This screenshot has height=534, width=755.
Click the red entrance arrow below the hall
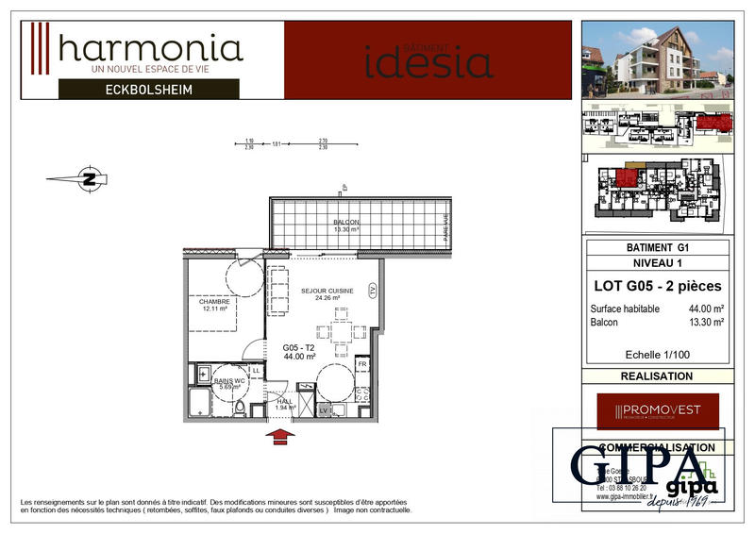pos(281,435)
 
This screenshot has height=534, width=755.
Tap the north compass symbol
pos(90,177)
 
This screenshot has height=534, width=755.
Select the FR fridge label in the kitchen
pos(361,362)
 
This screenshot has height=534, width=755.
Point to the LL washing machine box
pos(256,371)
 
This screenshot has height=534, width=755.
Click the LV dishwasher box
pos(324,410)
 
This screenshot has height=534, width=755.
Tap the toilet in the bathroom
pos(240,409)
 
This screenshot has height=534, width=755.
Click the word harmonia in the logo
pos(151,48)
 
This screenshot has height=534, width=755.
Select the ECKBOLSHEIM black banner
pos(149,90)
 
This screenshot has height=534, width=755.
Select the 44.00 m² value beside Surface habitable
pos(706,309)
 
